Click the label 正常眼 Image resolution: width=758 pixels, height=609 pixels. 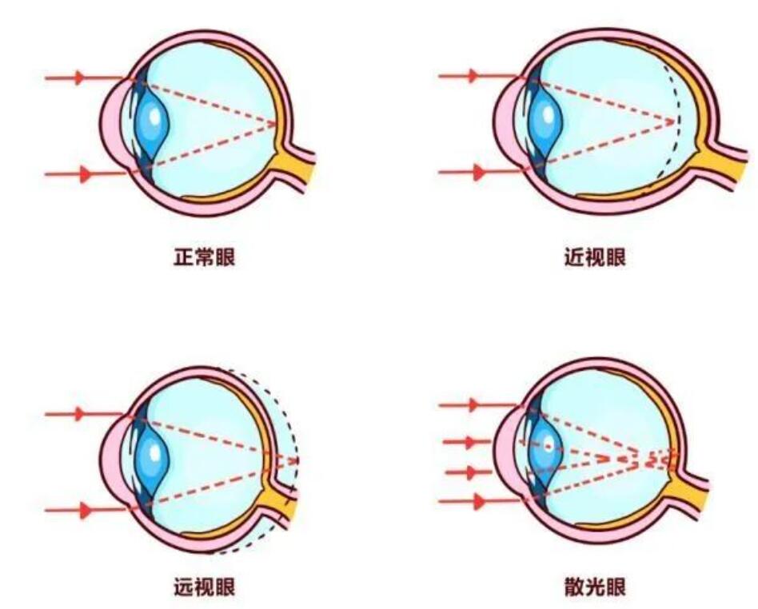205,258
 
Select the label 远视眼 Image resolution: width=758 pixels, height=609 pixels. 205,588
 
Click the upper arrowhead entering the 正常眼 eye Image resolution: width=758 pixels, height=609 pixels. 79,78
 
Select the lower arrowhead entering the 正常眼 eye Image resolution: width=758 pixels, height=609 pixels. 86,174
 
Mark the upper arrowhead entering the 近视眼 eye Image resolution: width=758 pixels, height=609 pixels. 473,76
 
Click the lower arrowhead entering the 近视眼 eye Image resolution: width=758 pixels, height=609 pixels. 479,172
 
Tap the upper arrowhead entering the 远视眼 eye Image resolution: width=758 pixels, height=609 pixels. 79,413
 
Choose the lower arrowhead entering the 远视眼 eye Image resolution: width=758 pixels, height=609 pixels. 86,509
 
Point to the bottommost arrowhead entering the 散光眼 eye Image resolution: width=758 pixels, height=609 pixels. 479,502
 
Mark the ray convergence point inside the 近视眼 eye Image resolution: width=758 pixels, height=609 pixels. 674,121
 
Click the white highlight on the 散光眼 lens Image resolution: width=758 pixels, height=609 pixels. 547,444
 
